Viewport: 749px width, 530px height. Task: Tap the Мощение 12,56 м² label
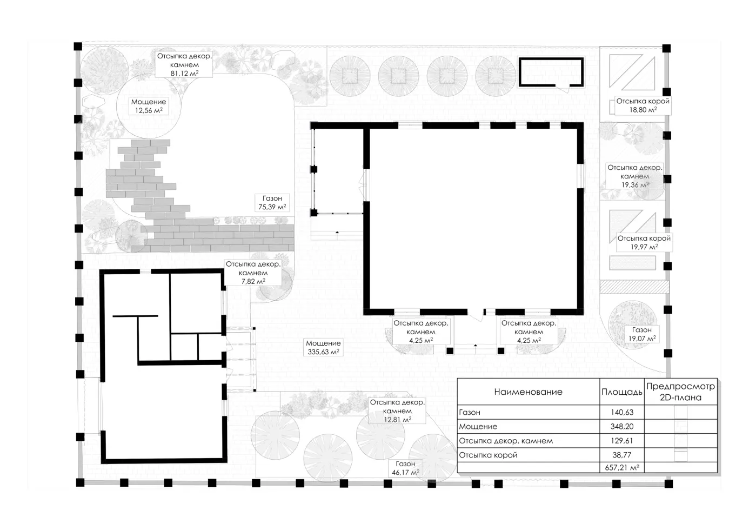(x=149, y=106)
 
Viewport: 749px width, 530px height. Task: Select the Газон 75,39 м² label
(x=272, y=202)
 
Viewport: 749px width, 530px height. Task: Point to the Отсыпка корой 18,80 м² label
(x=643, y=105)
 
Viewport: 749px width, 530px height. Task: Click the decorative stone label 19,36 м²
(x=634, y=176)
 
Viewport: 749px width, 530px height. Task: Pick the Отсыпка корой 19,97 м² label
(x=644, y=243)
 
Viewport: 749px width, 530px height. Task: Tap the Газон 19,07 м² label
(x=641, y=334)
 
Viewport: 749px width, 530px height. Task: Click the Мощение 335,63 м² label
(x=323, y=347)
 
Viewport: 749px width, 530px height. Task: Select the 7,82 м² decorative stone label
(x=253, y=273)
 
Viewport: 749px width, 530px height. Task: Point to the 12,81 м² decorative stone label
(x=397, y=411)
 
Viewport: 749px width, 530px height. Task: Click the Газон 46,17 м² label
(x=405, y=468)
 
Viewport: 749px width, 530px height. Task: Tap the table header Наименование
(x=529, y=392)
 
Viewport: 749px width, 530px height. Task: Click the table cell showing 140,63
(x=622, y=412)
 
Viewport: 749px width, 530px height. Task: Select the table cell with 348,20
(x=622, y=427)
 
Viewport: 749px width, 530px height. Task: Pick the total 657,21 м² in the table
(x=622, y=467)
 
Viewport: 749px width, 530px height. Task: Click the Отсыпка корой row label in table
(x=488, y=455)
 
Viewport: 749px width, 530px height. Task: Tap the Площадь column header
(x=622, y=392)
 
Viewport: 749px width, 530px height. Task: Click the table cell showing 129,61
(x=622, y=441)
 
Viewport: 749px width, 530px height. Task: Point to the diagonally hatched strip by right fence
(x=634, y=287)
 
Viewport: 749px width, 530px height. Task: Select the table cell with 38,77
(x=622, y=455)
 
